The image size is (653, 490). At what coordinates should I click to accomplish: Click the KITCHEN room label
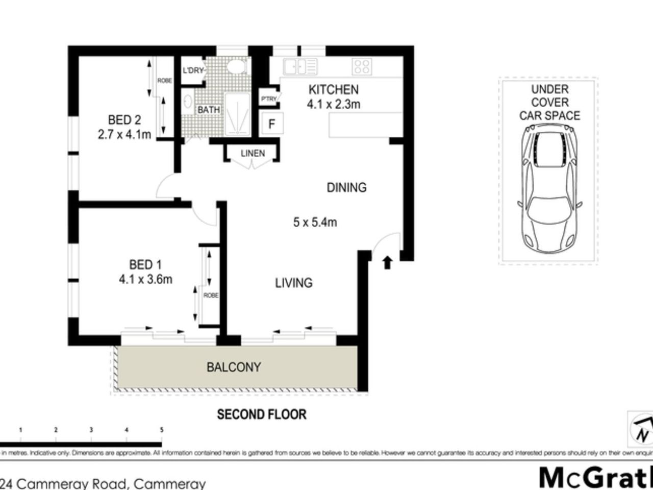coord(334,90)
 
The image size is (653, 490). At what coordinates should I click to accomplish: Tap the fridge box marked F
coord(272,124)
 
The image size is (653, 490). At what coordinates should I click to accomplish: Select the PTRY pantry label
coord(268,99)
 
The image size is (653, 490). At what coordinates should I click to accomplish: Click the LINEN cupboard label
coord(253,153)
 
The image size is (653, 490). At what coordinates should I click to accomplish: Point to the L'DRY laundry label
coord(193,70)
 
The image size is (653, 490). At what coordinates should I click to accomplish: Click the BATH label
coord(209,110)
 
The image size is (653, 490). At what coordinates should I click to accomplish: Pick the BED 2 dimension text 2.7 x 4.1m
coord(124,135)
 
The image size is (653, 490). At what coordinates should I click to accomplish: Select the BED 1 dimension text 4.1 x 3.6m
coord(145,279)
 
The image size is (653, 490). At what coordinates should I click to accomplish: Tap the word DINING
coord(346,188)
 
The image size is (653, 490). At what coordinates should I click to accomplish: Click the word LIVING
coord(293,283)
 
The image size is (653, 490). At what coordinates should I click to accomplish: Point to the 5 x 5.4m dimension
coord(315,223)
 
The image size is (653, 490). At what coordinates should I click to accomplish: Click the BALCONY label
coord(234,367)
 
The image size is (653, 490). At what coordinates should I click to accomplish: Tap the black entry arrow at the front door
coord(387,263)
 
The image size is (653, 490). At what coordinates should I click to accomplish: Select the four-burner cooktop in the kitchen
coord(362,66)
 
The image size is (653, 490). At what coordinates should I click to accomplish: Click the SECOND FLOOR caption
coord(262,414)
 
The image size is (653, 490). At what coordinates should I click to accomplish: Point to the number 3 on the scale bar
coord(91,430)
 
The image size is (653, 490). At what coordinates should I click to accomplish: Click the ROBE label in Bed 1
coord(211,296)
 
